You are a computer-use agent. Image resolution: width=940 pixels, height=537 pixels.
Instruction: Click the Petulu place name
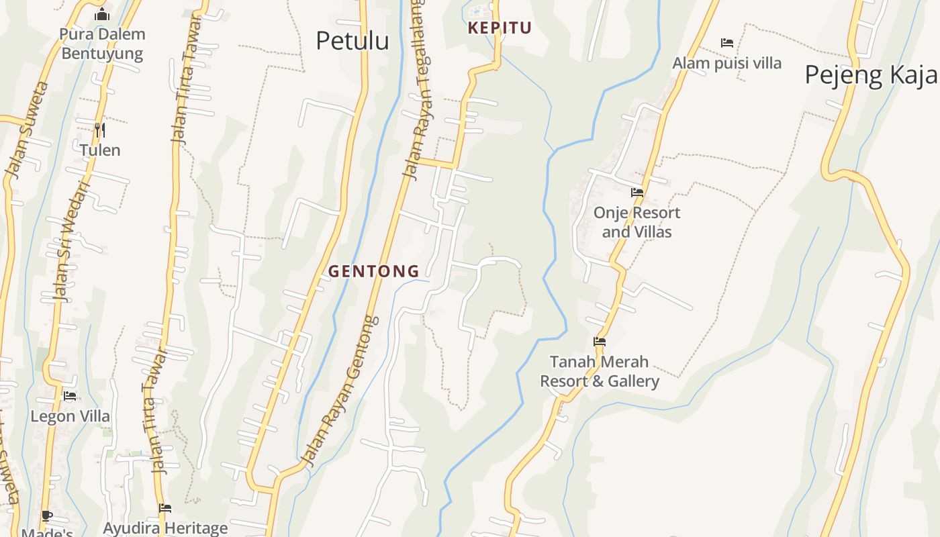352,41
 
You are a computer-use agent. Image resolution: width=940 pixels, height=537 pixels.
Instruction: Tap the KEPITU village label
500,28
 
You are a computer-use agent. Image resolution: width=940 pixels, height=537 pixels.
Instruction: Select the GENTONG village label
374,271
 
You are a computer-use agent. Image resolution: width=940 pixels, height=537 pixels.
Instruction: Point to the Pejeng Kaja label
871,75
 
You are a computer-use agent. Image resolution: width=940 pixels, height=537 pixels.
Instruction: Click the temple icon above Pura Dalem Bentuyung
102,14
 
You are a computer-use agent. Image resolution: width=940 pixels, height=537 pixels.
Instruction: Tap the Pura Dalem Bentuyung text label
102,44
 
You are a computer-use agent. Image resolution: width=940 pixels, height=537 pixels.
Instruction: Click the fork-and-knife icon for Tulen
100,130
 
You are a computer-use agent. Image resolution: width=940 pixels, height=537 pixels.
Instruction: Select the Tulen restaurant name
100,150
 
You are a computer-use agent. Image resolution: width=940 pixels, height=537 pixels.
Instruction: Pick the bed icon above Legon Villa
70,396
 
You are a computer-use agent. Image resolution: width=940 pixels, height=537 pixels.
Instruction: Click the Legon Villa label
70,416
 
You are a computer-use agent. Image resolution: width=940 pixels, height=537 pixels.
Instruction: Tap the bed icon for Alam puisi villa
727,43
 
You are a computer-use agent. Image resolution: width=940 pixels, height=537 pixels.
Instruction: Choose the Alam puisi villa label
727,63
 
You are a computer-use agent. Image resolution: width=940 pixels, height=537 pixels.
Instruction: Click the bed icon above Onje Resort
637,193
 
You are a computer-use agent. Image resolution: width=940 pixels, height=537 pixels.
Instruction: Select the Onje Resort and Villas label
637,222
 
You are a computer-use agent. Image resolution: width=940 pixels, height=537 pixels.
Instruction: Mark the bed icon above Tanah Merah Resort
600,342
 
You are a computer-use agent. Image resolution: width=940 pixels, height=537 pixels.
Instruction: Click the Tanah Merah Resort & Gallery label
600,371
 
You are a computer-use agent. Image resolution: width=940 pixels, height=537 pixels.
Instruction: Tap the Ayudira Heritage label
165,528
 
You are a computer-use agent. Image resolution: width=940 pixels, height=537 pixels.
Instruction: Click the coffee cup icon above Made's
46,516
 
